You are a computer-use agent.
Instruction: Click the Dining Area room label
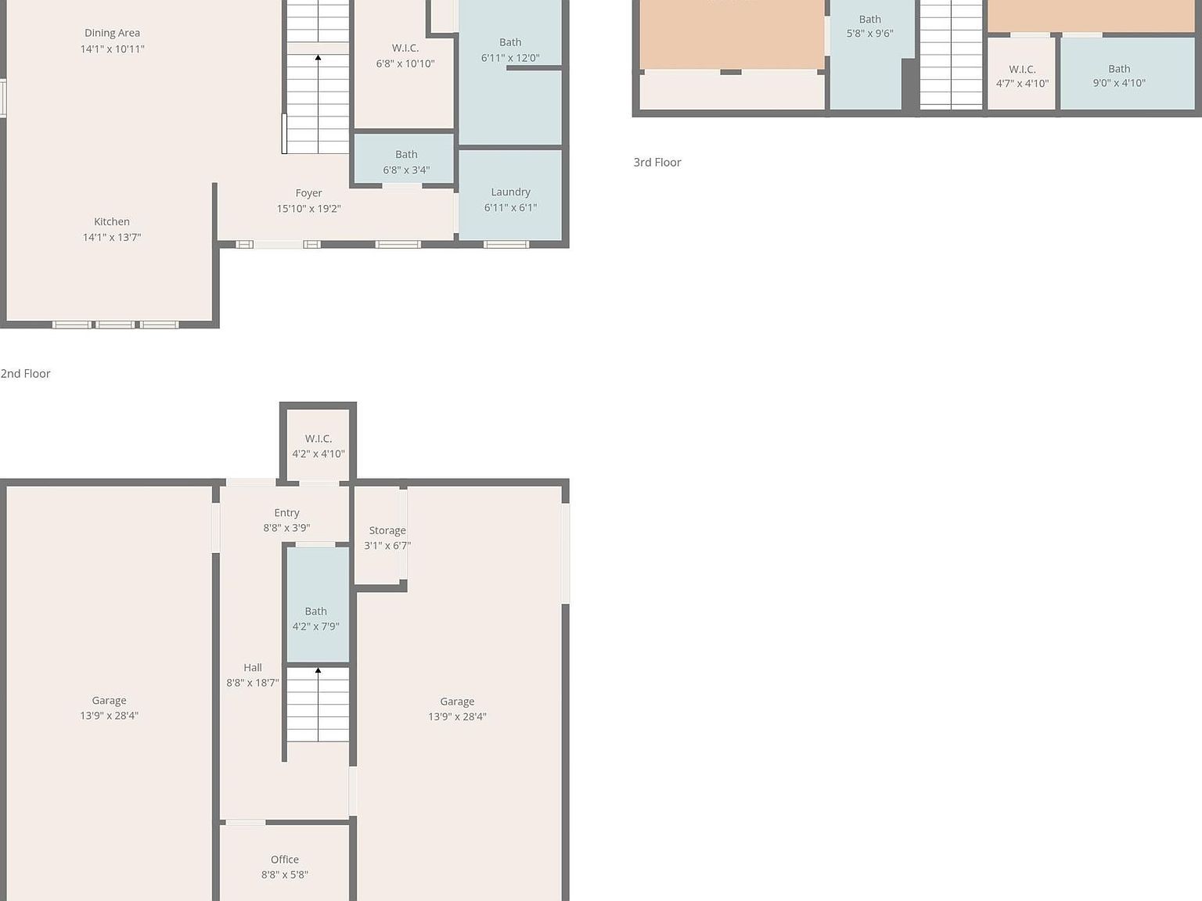tap(112, 33)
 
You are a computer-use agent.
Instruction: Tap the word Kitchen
tap(112, 222)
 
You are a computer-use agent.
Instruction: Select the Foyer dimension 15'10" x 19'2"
tap(308, 209)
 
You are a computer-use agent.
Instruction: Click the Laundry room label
tap(510, 192)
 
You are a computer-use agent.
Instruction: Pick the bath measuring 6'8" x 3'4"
tap(405, 162)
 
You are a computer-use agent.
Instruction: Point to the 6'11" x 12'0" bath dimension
tap(509, 58)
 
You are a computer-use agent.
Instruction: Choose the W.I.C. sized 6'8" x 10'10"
tap(405, 56)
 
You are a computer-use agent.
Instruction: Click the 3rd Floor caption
tap(657, 163)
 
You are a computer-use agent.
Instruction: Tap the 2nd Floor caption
tap(26, 374)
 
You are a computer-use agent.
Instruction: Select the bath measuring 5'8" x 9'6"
tap(869, 27)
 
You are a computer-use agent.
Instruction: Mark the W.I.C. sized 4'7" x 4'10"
tap(1022, 76)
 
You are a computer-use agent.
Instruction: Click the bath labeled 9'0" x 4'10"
tap(1118, 76)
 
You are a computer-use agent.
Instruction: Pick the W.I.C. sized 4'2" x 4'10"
tap(318, 446)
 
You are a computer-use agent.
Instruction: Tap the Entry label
tap(286, 513)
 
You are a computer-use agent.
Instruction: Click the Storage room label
tap(387, 530)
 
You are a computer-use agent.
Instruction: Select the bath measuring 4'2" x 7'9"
tap(315, 619)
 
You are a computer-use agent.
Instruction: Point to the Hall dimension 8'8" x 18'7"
tap(252, 683)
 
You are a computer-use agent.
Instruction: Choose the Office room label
tap(284, 860)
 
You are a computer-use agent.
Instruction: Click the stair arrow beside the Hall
tap(318, 671)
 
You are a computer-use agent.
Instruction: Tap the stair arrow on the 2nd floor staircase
tap(318, 58)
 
